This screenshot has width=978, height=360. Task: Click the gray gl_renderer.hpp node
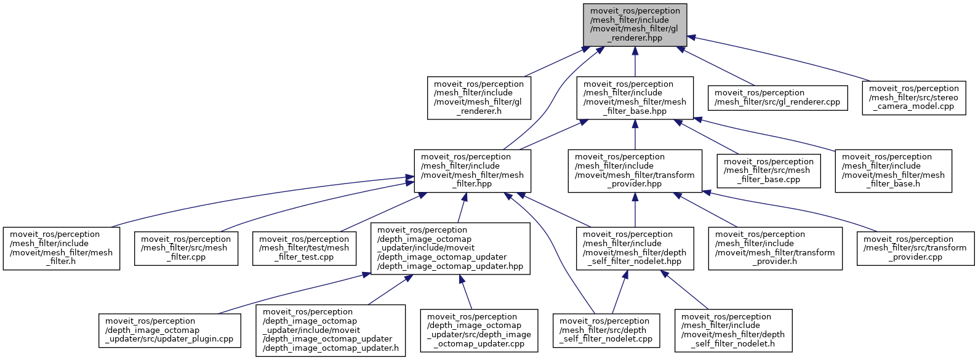[x=635, y=25]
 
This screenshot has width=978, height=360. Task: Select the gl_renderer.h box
[x=479, y=97]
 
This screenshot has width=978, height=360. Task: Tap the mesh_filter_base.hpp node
[x=635, y=97]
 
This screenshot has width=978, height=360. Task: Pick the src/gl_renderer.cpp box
[x=777, y=97]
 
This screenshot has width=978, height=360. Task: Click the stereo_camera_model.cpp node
[x=913, y=97]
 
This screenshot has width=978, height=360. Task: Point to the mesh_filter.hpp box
[x=472, y=170]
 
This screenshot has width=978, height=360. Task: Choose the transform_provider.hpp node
[x=635, y=170]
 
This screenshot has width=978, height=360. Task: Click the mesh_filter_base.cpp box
[x=769, y=170]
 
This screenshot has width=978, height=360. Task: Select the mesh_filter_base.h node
[x=893, y=170]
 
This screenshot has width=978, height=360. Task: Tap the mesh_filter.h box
[x=62, y=248]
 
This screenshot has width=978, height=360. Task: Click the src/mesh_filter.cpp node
[x=186, y=248]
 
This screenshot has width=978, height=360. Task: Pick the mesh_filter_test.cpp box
[x=304, y=248]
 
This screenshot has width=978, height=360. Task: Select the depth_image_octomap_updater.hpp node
[x=450, y=248]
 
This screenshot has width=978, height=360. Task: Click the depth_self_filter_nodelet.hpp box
[x=635, y=248]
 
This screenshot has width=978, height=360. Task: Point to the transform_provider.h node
[x=775, y=248]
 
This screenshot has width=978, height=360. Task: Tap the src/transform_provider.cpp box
[x=915, y=248]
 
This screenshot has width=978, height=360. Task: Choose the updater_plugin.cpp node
[x=169, y=330]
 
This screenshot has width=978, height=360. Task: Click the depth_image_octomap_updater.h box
[x=331, y=330]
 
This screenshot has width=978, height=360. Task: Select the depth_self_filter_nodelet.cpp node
[x=606, y=330]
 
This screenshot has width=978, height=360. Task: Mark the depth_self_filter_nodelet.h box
[x=733, y=330]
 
